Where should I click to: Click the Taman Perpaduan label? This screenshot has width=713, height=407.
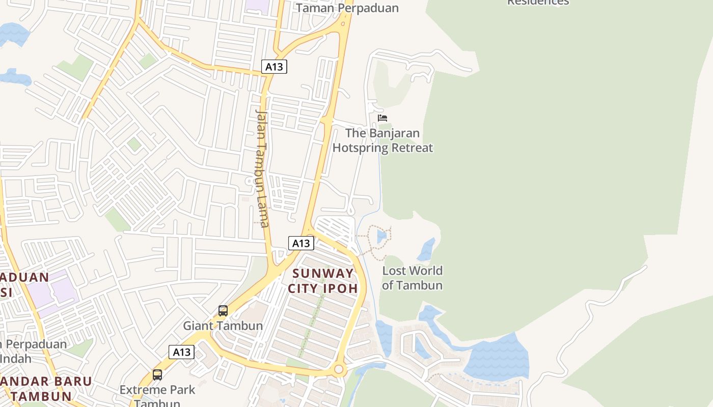(347, 8)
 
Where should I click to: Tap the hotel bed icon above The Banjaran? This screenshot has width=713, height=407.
(382, 118)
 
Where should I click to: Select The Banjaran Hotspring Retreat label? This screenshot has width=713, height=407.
(382, 141)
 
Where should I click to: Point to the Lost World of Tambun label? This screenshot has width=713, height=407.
(412, 278)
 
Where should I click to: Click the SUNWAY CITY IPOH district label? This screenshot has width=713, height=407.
(323, 281)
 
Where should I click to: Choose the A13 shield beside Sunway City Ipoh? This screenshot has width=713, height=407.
(301, 243)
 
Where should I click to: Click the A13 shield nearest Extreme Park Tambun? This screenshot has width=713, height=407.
(182, 352)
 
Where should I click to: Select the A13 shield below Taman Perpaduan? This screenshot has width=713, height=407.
(275, 67)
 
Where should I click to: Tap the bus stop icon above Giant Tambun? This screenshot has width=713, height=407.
(223, 310)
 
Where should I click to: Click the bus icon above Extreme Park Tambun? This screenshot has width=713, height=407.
(157, 375)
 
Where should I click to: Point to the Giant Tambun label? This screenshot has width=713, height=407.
(223, 326)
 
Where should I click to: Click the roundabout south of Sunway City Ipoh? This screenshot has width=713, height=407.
(339, 369)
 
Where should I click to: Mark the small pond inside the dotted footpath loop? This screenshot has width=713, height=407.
(381, 237)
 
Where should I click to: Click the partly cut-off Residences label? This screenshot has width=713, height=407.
(538, 3)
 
